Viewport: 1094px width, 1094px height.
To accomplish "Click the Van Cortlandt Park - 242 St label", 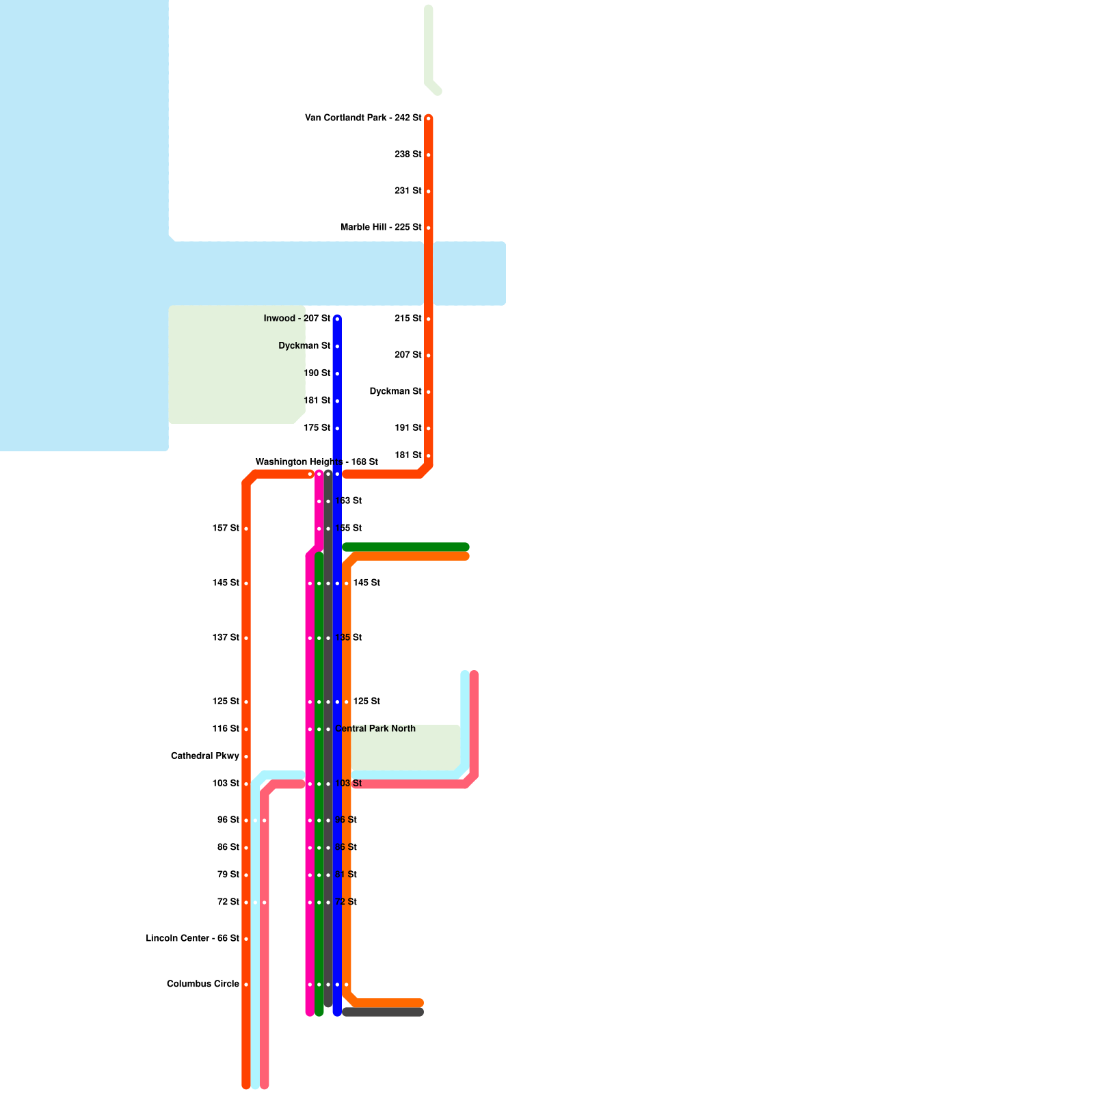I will pos(363,118).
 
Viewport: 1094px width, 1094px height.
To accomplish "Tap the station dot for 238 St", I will pos(429,155).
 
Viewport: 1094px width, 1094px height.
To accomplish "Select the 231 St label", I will pos(408,191).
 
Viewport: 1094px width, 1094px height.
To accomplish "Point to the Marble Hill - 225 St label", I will pos(381,227).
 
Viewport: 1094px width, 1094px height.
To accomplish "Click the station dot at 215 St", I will pos(429,319).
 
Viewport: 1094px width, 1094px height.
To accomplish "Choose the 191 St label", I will pos(408,428).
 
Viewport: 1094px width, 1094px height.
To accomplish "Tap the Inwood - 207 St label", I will pos(297,319).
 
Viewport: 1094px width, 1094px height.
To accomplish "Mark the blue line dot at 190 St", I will pos(337,374).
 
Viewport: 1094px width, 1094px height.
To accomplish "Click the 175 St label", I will pos(317,428).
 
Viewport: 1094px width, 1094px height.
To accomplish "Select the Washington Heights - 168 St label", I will pos(317,462).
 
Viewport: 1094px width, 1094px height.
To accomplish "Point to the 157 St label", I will pos(226,529).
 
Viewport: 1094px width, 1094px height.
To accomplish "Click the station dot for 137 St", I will pos(246,639).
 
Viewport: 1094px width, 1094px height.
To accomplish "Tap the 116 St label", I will pos(226,729).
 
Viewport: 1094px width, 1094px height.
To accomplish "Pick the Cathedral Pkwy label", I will pos(205,756).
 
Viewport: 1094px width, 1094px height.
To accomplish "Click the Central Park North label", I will pos(375,729).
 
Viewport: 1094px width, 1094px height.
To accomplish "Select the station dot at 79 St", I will pos(246,875).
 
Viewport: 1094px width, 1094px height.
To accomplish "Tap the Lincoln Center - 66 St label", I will pos(193,939).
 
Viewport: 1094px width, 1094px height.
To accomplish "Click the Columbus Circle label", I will pos(203,985).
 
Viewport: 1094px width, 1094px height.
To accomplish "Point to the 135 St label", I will pos(349,638).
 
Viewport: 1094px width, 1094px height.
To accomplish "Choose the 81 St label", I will pos(347,875).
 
